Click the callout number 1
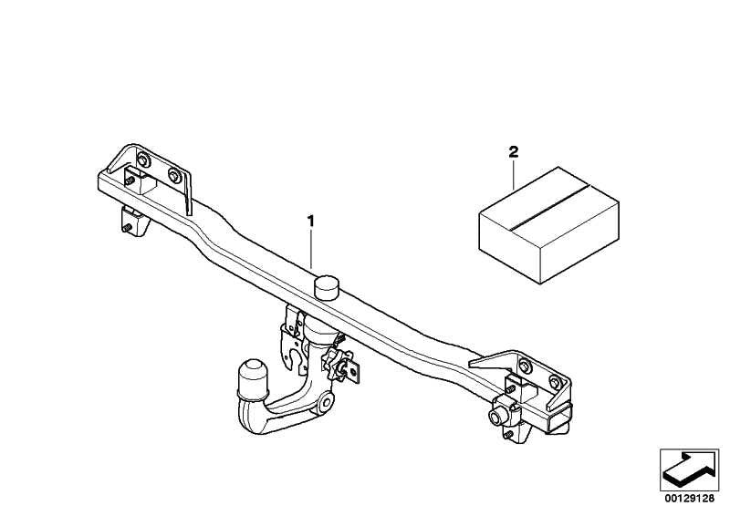click(x=310, y=221)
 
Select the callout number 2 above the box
click(x=513, y=151)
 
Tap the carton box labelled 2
click(x=549, y=225)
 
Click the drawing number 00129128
click(x=689, y=499)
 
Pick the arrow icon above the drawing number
click(x=689, y=470)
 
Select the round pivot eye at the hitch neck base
click(x=326, y=401)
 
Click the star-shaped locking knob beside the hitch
click(x=339, y=365)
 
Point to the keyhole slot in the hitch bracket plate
click(x=295, y=358)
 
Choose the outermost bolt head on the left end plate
click(x=144, y=159)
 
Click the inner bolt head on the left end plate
click(x=174, y=176)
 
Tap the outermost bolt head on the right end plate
click(x=555, y=382)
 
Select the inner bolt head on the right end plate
click(x=525, y=366)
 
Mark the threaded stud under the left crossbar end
click(x=127, y=228)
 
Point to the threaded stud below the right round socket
click(x=508, y=435)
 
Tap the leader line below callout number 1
click(x=311, y=249)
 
